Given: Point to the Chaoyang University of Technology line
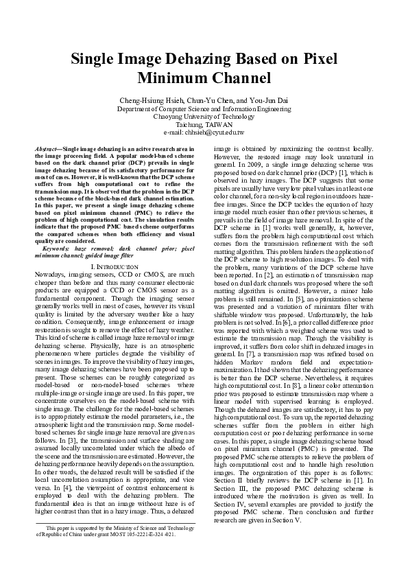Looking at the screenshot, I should (x=204, y=116).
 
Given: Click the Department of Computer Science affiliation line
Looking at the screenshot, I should (x=204, y=108).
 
